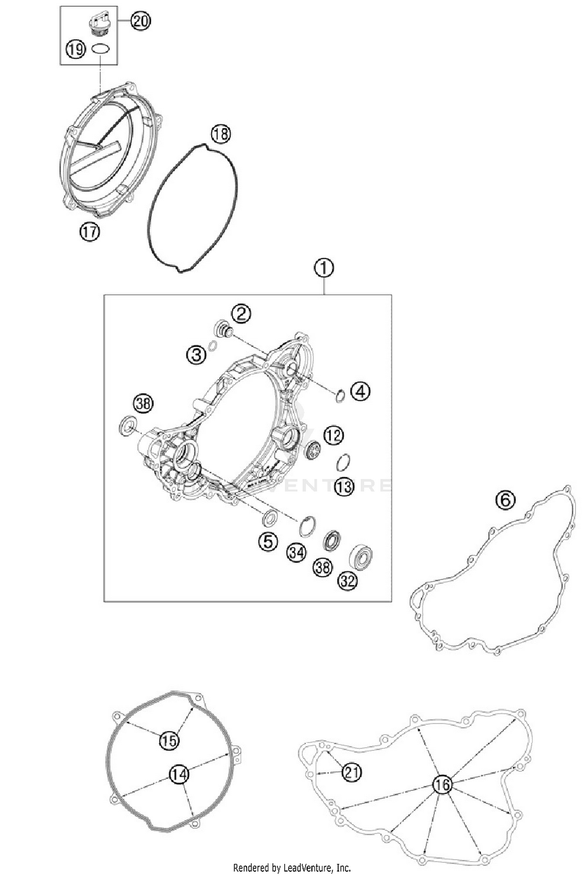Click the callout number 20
tap(140, 21)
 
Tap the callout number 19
tap(76, 50)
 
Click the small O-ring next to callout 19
tap(101, 49)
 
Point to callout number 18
tap(221, 134)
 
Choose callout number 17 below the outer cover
tap(90, 232)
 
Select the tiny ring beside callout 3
tap(213, 346)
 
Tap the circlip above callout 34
tap(307, 526)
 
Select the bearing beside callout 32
tap(361, 556)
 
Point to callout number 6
tap(505, 500)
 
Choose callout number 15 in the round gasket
tap(169, 740)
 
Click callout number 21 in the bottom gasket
tap(352, 772)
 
